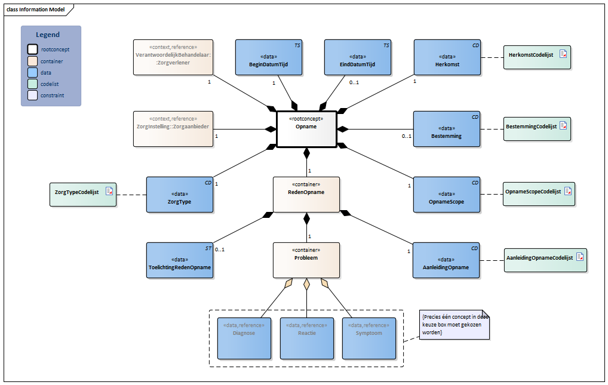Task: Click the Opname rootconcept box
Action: click(306, 128)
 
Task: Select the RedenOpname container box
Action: click(306, 194)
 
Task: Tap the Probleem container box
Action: click(306, 260)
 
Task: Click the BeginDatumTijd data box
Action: click(268, 57)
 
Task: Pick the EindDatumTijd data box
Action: click(358, 57)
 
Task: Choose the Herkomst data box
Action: click(447, 57)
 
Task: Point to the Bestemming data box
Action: click(447, 129)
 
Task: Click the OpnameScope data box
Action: click(447, 194)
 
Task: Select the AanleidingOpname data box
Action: click(447, 260)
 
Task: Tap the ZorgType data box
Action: click(180, 194)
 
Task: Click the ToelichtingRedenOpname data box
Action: click(180, 260)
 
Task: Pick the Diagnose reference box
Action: click(244, 338)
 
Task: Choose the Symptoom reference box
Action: click(369, 338)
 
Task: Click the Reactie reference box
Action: click(306, 338)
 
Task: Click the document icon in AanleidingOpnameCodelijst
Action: click(580, 257)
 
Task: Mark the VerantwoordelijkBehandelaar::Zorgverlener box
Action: click(173, 57)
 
